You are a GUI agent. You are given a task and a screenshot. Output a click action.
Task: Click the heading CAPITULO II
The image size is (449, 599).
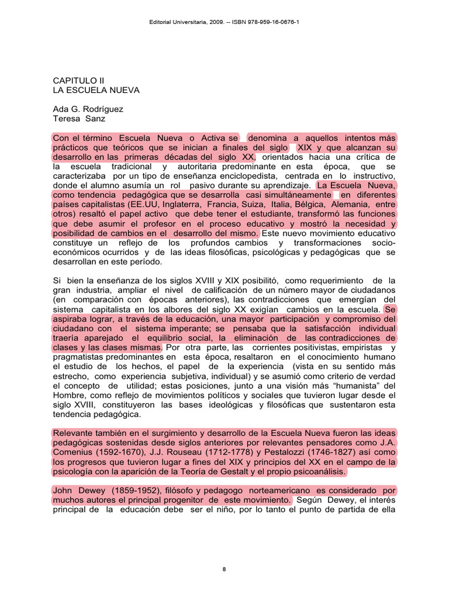(78, 80)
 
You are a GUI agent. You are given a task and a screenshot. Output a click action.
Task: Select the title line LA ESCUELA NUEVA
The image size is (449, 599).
(96, 90)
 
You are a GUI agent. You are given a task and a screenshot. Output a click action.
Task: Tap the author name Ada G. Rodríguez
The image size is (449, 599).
(88, 109)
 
